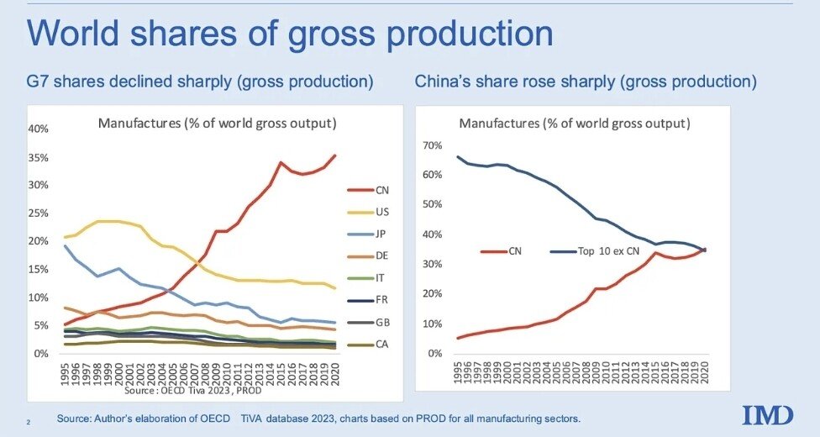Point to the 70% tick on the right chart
coord(431,145)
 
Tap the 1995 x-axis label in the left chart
coord(65,371)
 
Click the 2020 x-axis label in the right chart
coord(703,371)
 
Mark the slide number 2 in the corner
coord(28,420)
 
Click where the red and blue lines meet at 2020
coord(703,250)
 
